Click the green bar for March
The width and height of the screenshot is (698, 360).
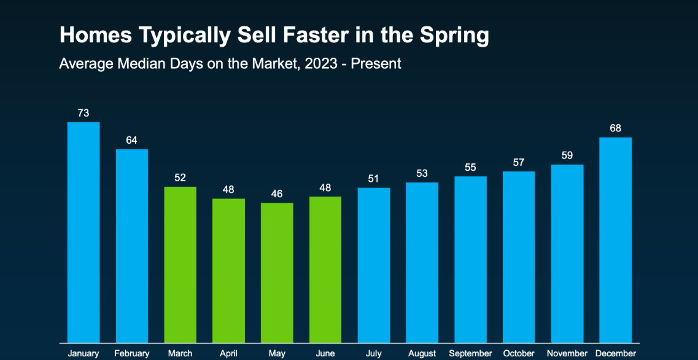180,264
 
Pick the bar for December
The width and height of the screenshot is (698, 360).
615,240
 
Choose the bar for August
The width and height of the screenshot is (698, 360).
422,262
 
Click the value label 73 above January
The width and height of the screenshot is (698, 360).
83,113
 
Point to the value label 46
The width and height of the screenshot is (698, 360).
277,194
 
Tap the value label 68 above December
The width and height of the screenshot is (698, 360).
615,128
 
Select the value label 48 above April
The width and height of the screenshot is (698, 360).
228,189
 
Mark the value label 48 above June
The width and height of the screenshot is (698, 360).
325,187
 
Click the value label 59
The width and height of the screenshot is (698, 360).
567,155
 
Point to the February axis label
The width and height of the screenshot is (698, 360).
131,353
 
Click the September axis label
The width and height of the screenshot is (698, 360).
470,353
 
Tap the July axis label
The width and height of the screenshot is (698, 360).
373,353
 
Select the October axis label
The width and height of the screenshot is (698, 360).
519,353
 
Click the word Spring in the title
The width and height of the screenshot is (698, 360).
455,36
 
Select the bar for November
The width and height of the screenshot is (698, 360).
567,253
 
